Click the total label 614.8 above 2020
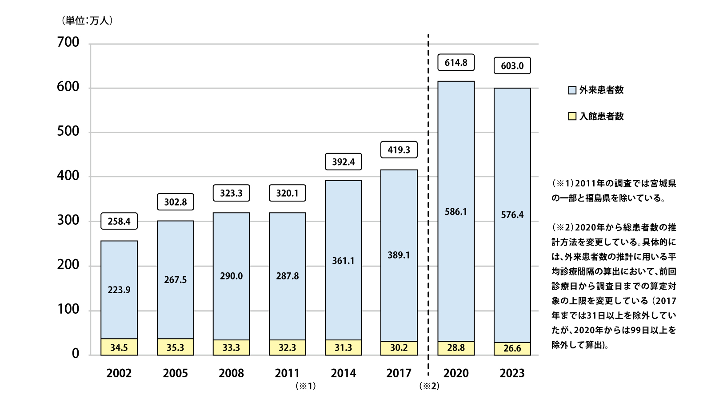pos(456,63)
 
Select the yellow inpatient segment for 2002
pos(119,347)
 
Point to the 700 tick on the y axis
pos(68,42)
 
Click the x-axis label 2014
pos(343,373)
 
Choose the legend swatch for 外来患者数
pos(572,90)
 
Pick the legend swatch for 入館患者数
pos(572,117)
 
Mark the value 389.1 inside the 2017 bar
pos(399,255)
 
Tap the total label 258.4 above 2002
pos(119,221)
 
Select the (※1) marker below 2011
pos(306,386)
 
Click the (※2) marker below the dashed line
pos(429,386)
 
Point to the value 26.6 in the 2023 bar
pos(512,348)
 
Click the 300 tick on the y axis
pos(68,220)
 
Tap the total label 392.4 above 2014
pos(343,162)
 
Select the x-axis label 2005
pos(175,373)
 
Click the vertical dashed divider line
pos(428,200)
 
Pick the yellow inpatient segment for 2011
pos(287,347)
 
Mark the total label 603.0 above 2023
pos(512,66)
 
